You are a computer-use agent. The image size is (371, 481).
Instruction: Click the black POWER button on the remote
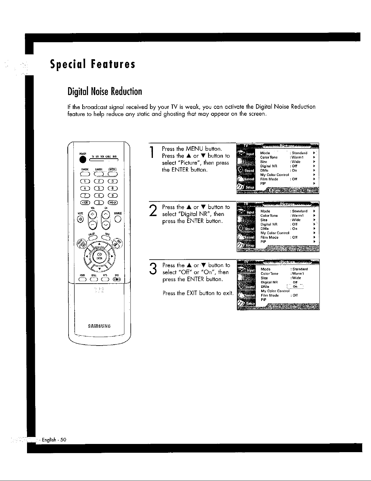coord(81,161)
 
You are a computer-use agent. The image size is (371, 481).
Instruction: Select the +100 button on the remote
coord(85,203)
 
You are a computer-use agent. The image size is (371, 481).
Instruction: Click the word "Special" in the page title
coord(67,64)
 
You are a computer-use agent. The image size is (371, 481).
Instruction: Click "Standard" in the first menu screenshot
coord(299,153)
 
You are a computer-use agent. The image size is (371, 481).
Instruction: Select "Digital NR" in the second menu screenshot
coord(269,224)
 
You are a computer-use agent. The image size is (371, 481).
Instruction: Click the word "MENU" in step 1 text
coord(194,149)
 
